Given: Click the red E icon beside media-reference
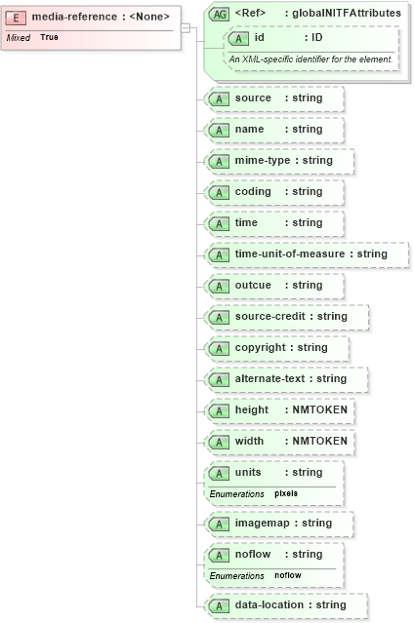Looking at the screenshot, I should (19, 17).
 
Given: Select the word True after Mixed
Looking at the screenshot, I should (49, 36).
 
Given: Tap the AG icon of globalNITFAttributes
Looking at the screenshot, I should (220, 14).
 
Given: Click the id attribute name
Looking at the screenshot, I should (260, 37).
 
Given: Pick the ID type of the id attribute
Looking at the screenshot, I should (317, 37).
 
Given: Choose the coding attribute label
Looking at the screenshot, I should (253, 191).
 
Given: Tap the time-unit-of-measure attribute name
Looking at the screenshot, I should (294, 253).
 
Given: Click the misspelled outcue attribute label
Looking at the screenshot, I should (255, 285).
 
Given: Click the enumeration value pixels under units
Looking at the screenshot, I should (286, 493).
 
